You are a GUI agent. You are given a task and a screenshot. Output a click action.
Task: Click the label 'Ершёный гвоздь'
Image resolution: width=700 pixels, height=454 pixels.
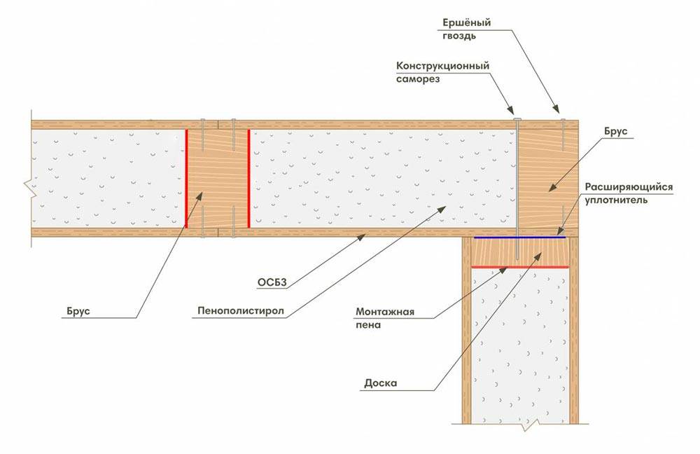[466, 29]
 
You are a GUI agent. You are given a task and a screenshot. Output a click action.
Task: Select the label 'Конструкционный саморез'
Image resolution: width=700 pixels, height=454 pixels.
[443, 72]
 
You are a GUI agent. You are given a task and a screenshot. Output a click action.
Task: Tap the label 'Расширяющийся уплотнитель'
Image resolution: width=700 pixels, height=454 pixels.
[629, 193]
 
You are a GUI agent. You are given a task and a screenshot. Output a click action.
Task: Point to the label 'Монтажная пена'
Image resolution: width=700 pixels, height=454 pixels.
[385, 318]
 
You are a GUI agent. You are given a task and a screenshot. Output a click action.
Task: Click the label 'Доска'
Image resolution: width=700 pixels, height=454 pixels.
[380, 383]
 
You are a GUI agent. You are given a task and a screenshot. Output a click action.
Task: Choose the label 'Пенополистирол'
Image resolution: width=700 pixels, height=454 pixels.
[241, 310]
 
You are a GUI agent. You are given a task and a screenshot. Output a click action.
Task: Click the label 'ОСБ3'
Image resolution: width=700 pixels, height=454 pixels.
[272, 282]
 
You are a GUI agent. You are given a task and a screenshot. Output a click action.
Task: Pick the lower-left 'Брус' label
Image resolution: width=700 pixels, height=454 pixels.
[78, 311]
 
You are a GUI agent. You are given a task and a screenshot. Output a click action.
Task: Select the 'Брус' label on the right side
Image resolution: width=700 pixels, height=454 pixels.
[616, 132]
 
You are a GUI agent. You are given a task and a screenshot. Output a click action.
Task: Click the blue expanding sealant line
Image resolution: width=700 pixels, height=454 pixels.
[519, 238]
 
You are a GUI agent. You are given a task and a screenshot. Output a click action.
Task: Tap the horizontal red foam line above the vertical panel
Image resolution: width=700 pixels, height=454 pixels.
[520, 267]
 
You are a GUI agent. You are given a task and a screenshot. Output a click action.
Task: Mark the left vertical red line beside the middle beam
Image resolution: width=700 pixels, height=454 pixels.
[186, 178]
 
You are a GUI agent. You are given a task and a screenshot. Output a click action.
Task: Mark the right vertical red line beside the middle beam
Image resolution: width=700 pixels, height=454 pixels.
[248, 178]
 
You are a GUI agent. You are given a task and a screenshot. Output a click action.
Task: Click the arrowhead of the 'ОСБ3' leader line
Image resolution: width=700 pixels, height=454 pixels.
[363, 238]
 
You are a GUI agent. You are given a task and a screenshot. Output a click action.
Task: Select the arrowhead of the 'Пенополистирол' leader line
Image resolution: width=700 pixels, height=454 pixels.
[442, 209]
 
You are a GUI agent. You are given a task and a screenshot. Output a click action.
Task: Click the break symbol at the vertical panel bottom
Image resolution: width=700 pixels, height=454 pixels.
[529, 425]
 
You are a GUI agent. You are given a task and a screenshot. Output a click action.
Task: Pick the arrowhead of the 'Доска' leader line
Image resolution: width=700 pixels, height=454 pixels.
[538, 256]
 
